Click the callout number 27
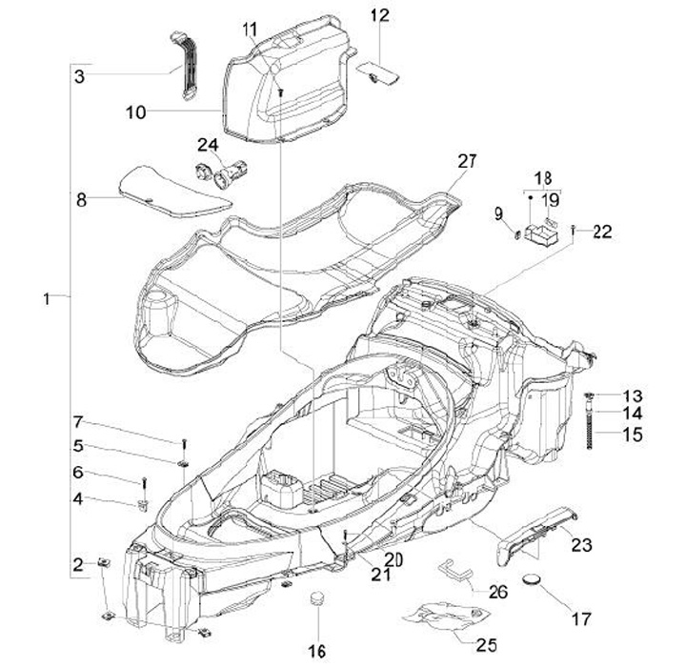tap(467, 161)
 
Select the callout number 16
tap(317, 651)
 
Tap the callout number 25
tap(487, 645)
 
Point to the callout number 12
tap(380, 16)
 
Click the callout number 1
tap(47, 299)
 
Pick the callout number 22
tap(602, 232)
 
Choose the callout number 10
tap(135, 112)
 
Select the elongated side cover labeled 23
tap(536, 536)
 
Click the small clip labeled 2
tap(104, 562)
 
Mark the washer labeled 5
tap(183, 463)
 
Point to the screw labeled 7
tap(184, 443)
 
